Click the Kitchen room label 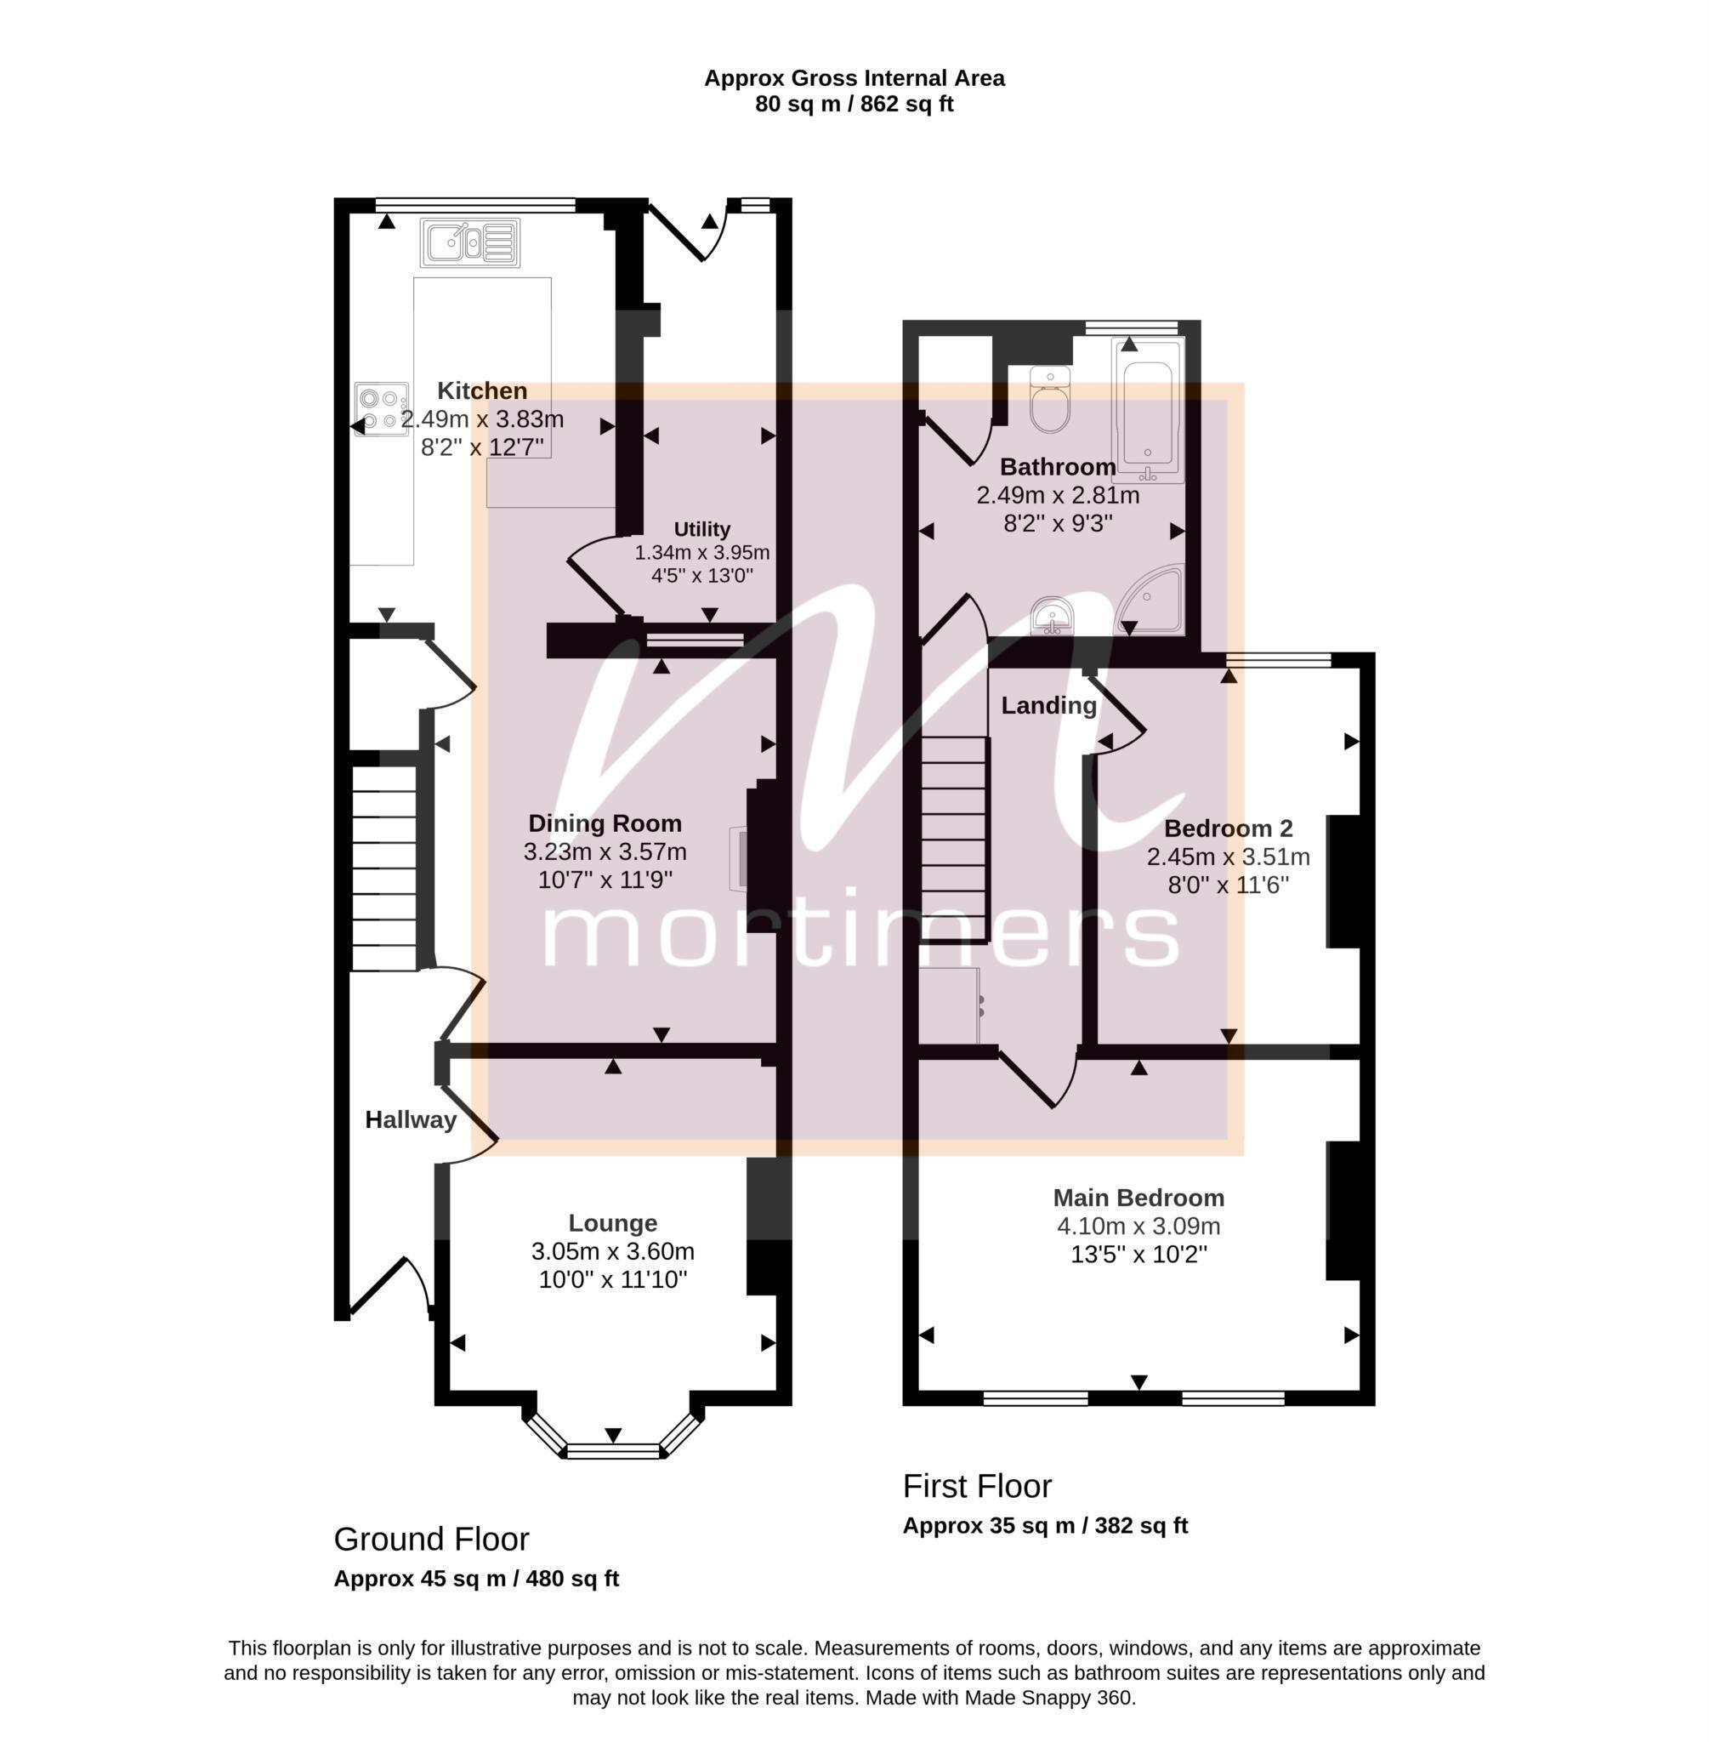[x=482, y=390]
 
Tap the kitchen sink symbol [x=470, y=242]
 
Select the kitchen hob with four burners [x=382, y=408]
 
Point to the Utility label [x=702, y=529]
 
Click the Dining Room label [x=605, y=823]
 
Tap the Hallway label [x=411, y=1119]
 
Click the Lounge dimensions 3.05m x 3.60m [x=613, y=1251]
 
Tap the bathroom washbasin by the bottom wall [x=1052, y=616]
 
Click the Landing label [x=1049, y=706]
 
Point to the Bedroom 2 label [x=1228, y=828]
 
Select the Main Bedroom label [x=1138, y=1197]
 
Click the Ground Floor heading [x=432, y=1539]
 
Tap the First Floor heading [x=978, y=1486]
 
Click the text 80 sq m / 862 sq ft [x=854, y=104]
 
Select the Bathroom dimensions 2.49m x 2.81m [x=1059, y=495]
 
